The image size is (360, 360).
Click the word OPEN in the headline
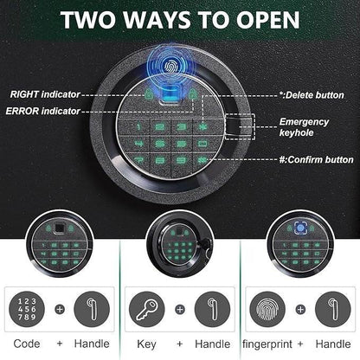268,20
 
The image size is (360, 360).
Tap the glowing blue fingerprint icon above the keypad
171,67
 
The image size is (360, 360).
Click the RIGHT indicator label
45,94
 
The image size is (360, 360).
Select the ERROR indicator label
42,111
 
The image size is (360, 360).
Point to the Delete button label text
312,95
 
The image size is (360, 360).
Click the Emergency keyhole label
304,127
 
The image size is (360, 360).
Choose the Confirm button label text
316,159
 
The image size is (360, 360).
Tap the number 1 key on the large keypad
138,126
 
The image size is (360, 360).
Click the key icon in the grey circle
146,309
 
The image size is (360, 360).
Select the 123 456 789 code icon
27,309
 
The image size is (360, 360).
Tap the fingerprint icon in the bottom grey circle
267,309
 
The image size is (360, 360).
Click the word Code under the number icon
27,344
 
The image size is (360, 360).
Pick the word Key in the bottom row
146,344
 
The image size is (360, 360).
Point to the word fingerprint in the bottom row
267,344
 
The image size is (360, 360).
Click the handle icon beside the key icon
213,309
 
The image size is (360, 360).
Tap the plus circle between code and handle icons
60,310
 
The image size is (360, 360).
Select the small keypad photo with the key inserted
180,245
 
